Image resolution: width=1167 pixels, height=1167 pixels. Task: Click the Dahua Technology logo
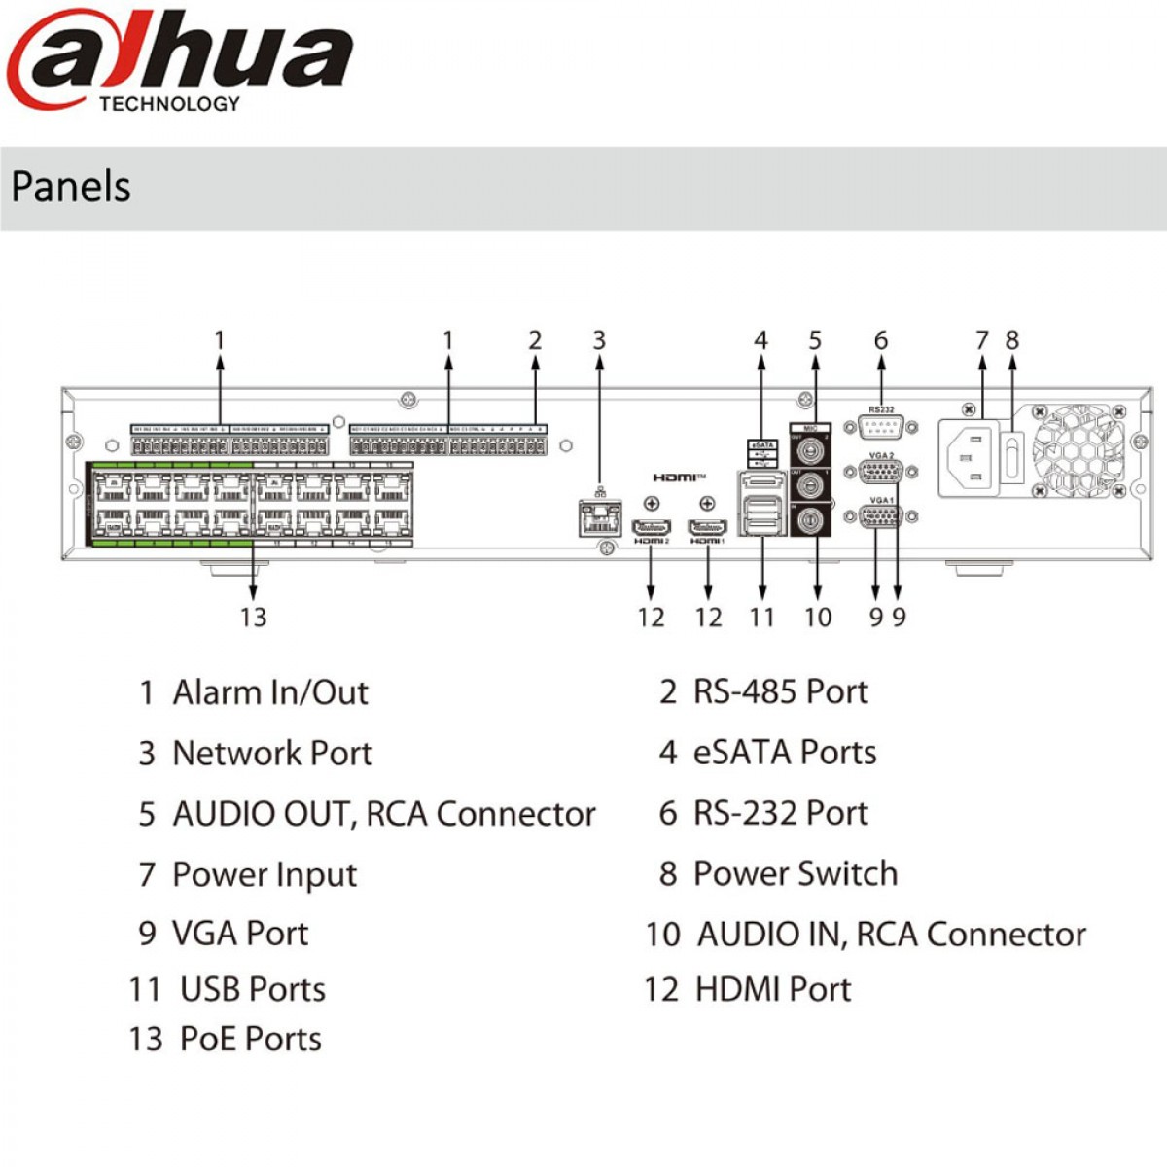(x=180, y=60)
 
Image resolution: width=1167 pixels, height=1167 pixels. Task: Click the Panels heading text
(x=71, y=187)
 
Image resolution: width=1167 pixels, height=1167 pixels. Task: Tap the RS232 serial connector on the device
(x=880, y=426)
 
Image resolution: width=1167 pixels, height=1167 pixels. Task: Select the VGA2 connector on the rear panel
(x=881, y=472)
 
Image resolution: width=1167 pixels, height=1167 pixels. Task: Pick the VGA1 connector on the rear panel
(x=881, y=516)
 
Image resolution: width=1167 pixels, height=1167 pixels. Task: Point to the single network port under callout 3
(x=599, y=516)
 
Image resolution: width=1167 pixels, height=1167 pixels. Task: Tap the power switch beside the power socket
(x=1011, y=458)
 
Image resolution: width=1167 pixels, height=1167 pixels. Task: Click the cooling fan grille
(x=1078, y=450)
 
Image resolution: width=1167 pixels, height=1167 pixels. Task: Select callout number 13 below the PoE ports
(x=253, y=618)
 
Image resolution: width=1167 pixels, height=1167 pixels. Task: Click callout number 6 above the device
(x=880, y=340)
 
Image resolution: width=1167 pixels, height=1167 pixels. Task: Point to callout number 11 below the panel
(x=761, y=618)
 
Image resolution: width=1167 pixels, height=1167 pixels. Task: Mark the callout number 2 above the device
(x=535, y=340)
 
